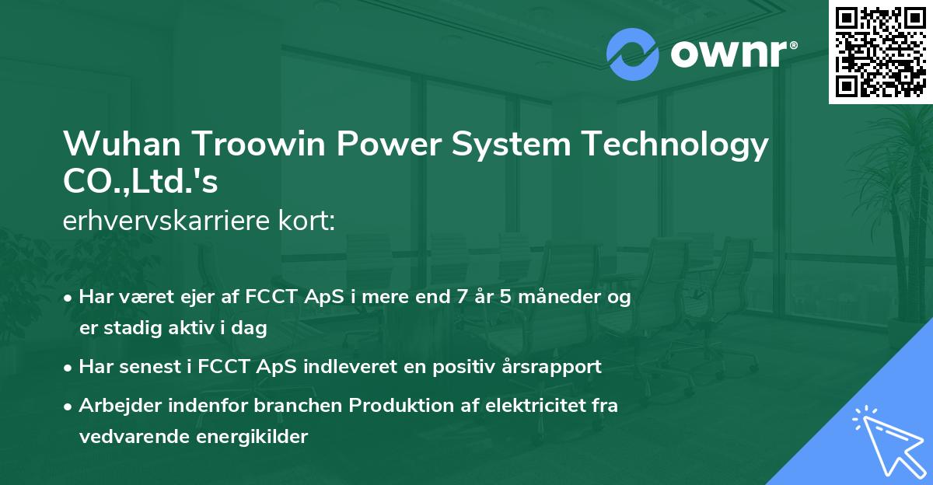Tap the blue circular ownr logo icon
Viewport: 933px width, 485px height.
[633, 54]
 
